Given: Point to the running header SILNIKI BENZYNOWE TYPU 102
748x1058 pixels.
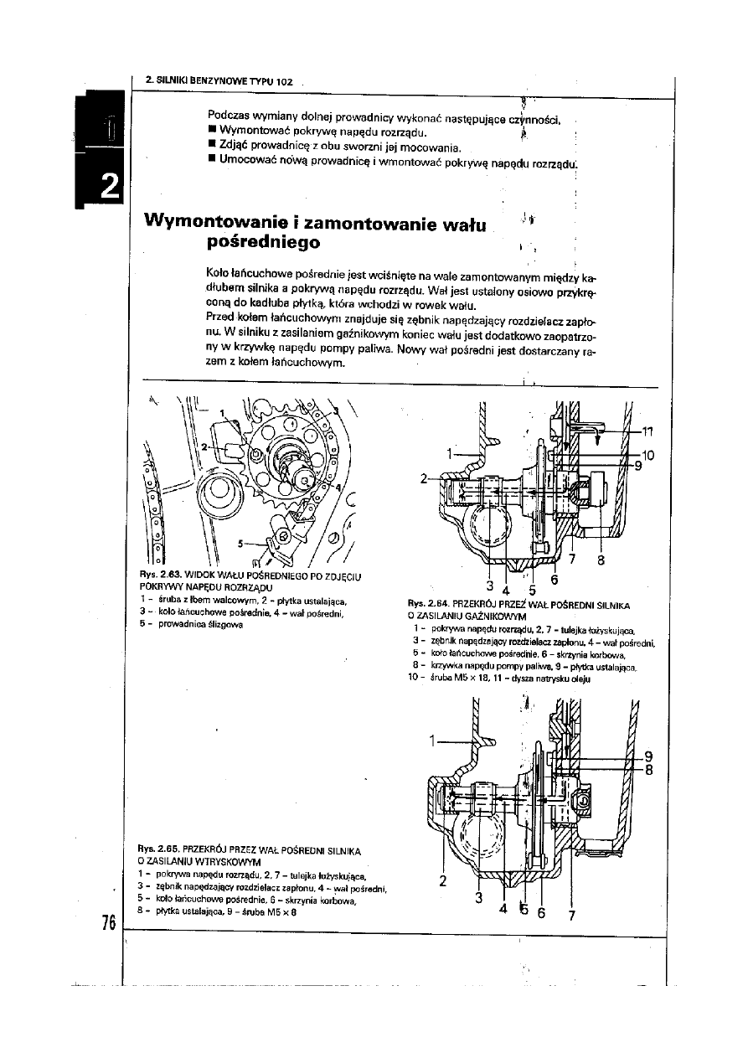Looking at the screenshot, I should [219, 81].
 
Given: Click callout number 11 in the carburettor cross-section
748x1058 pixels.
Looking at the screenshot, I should [646, 431].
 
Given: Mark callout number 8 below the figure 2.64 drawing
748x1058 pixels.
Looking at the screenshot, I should [601, 562].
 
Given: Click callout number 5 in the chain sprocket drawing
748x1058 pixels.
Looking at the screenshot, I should [241, 543].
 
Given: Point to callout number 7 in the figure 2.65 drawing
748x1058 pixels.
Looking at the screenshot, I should [571, 915].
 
